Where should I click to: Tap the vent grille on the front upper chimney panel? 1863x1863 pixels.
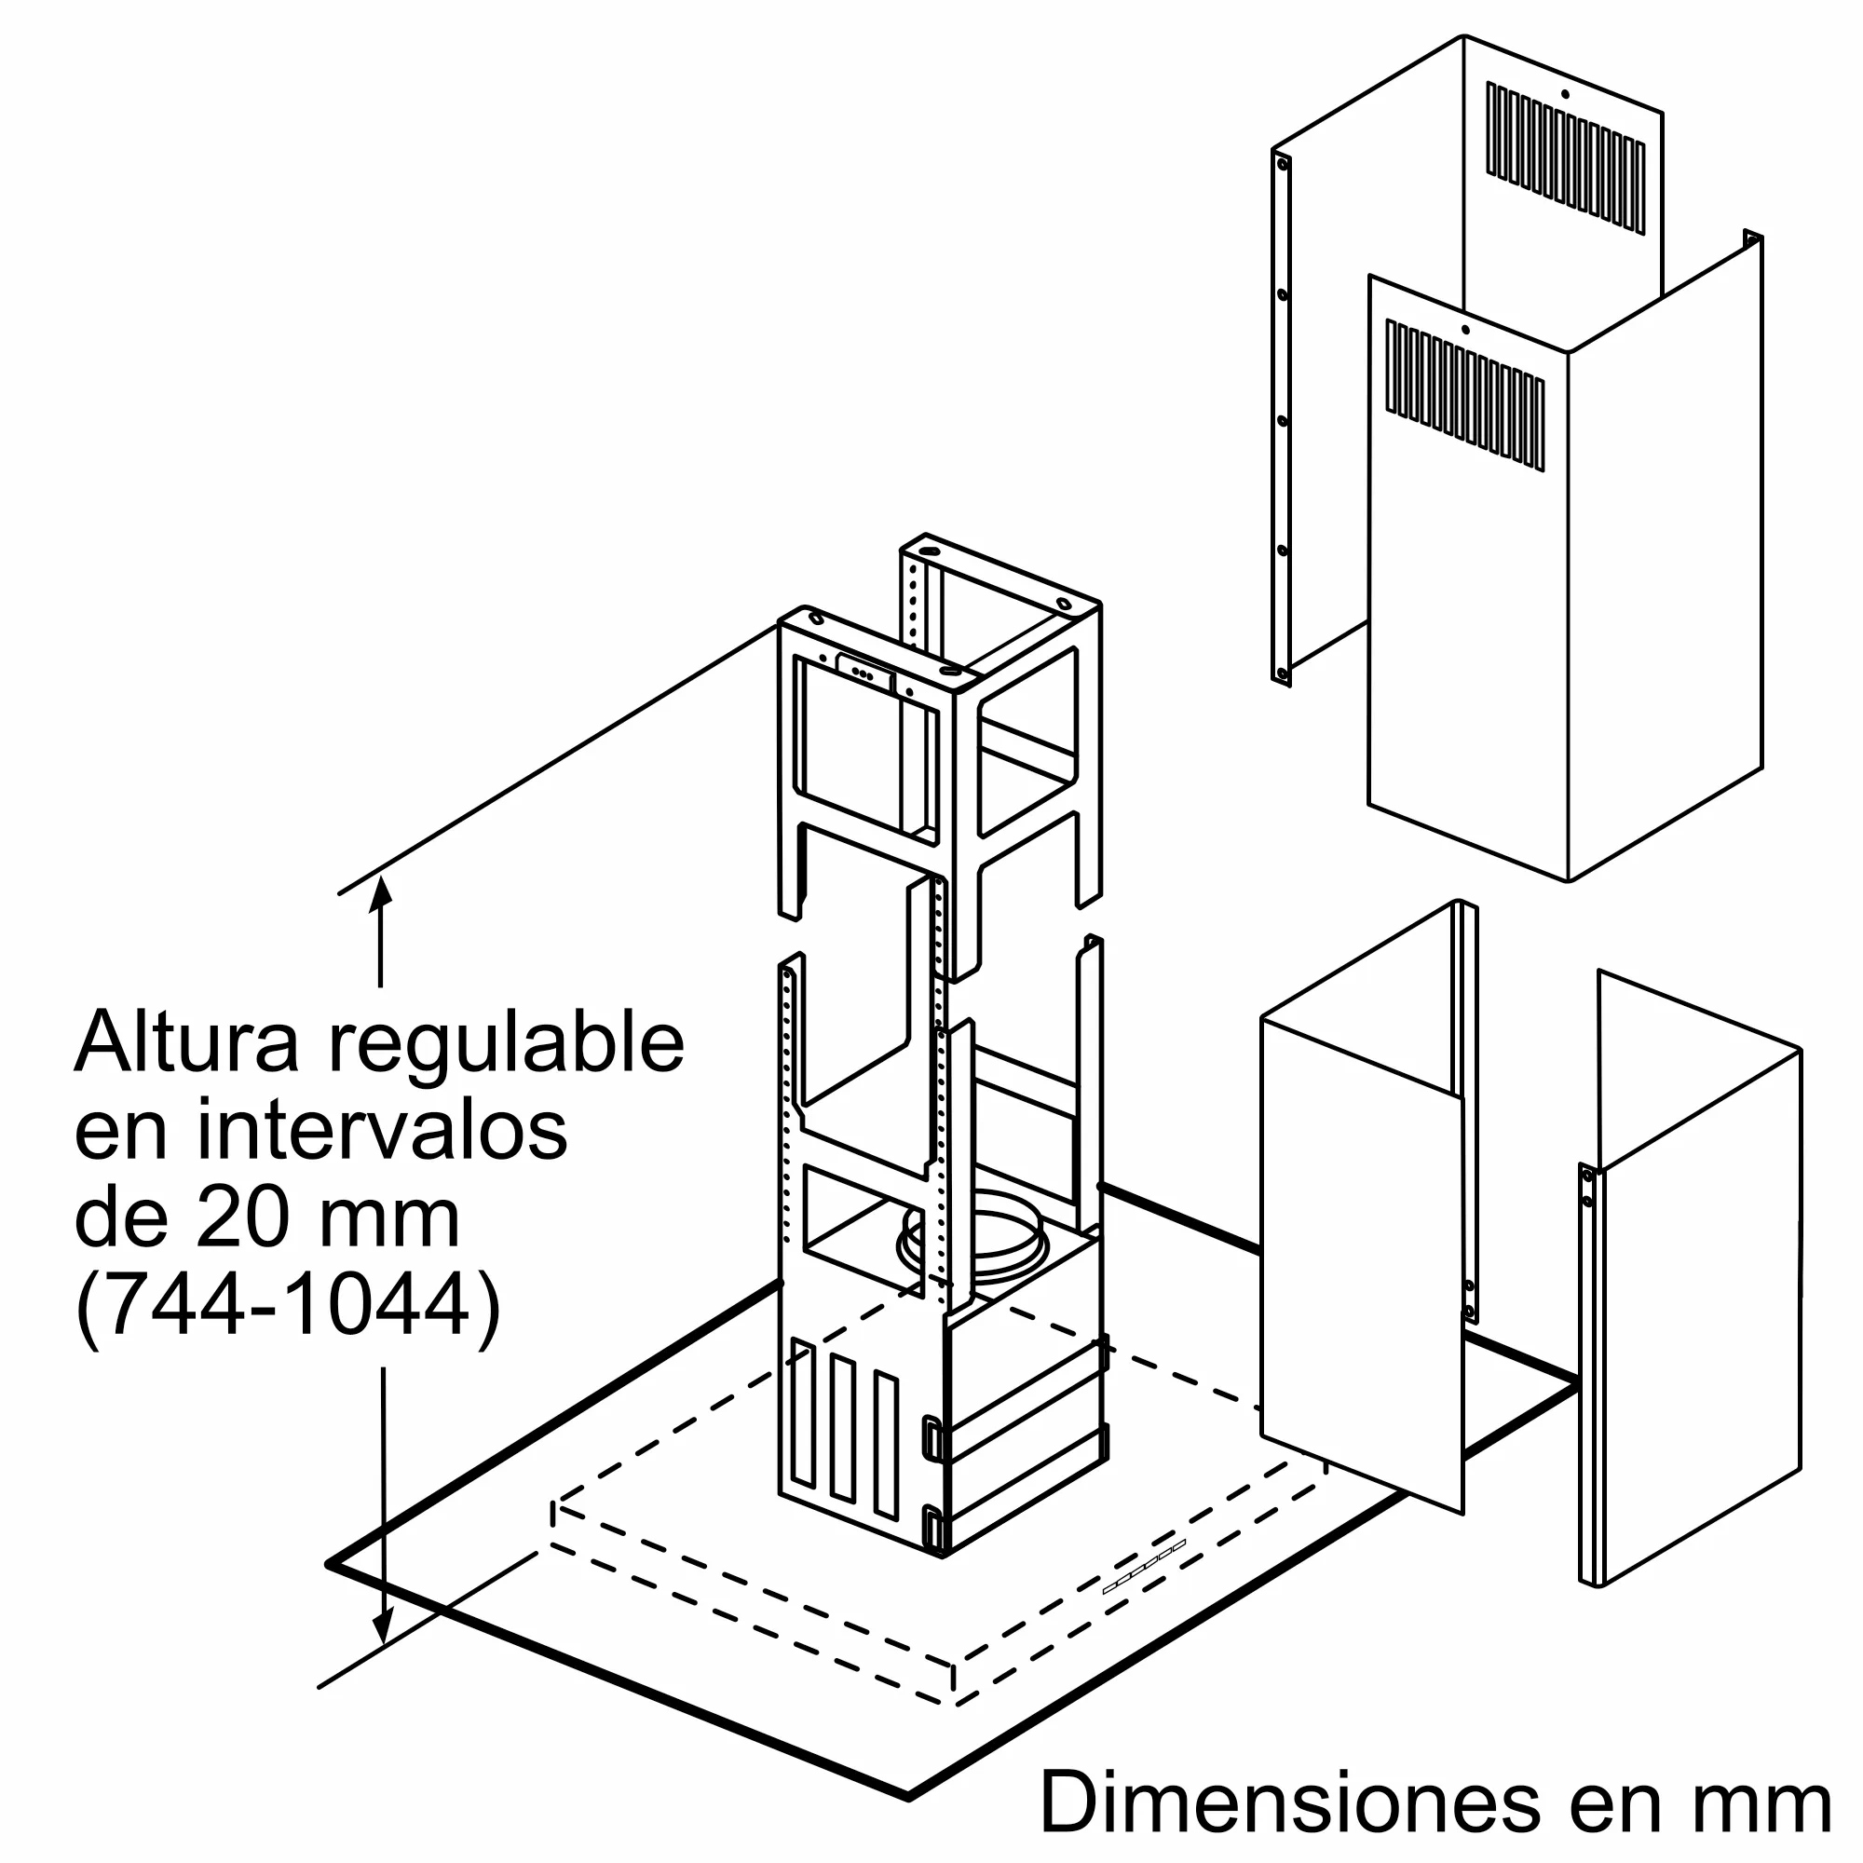coord(1464,395)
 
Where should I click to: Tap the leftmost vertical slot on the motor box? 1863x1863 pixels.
coord(801,1426)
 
